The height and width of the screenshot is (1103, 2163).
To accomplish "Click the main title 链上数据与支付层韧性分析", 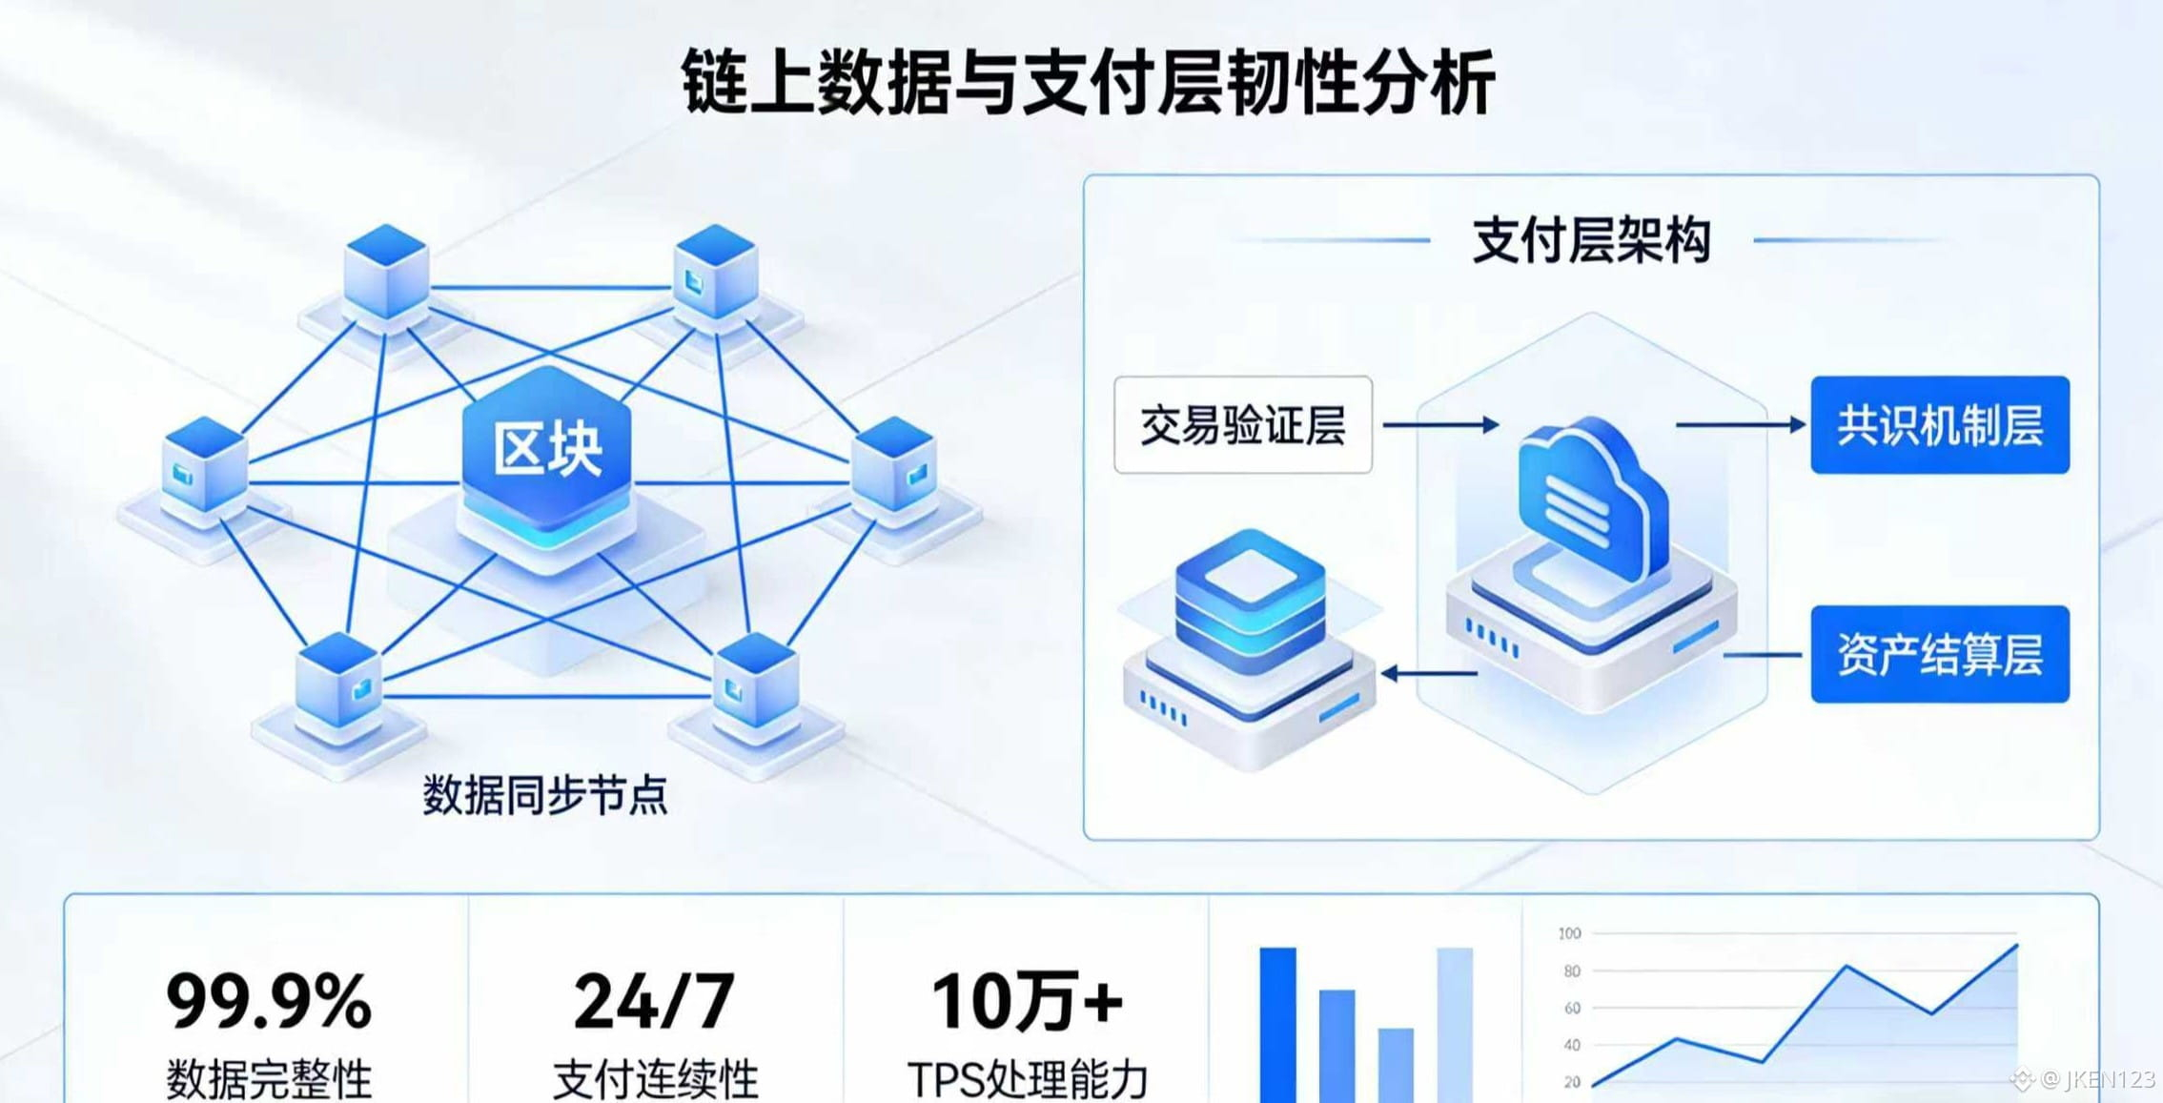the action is (x=1088, y=83).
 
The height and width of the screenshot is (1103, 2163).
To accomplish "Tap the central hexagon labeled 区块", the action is (x=546, y=449).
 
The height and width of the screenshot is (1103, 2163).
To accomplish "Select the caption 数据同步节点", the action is (x=544, y=794).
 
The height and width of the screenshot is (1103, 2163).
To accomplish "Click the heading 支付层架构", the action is (x=1591, y=239).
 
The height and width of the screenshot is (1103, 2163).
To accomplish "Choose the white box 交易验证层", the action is (x=1243, y=424).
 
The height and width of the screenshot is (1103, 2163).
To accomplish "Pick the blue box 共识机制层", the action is (x=1940, y=425).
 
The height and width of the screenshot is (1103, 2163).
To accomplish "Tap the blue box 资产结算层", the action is (x=1940, y=654).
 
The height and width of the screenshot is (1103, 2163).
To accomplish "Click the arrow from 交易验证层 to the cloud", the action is (x=1440, y=424).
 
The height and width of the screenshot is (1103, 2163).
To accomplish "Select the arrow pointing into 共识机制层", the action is (x=1741, y=424).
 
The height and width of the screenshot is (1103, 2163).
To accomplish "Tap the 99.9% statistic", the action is (x=269, y=1001).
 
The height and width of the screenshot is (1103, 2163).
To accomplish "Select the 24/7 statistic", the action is (x=654, y=1001).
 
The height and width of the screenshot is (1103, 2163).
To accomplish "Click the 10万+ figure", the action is (x=1027, y=1001).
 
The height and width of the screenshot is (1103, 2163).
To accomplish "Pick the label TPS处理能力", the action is (x=1028, y=1080).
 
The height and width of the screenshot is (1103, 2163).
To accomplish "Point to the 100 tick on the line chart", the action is (x=1569, y=933).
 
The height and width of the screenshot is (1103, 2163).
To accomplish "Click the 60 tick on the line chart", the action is (x=1572, y=1008).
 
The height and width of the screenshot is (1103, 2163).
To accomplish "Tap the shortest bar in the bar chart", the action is (x=1396, y=1065).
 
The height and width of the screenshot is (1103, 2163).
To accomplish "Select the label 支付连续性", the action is (x=655, y=1080).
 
